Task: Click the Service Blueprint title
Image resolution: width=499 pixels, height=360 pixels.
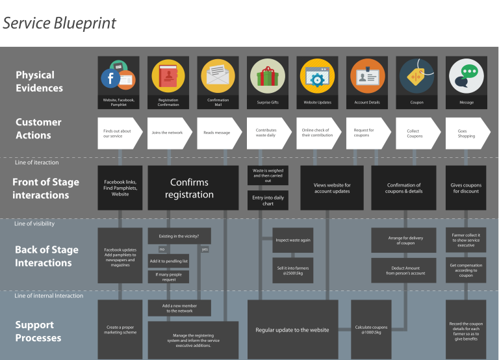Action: [x=59, y=23]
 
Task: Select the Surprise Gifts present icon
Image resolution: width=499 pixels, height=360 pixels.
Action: [x=268, y=76]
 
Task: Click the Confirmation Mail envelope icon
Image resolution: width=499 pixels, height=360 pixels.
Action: [x=218, y=76]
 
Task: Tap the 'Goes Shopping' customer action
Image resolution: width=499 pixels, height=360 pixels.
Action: [x=467, y=133]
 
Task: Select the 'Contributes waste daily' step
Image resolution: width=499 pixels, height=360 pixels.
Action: [x=266, y=133]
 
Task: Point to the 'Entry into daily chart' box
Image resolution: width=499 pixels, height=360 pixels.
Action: [x=268, y=200]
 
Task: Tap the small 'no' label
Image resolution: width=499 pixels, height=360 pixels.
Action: [x=162, y=249]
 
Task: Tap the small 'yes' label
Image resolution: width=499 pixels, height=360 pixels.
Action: [x=205, y=249]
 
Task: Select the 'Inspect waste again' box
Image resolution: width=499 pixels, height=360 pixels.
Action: [x=293, y=240]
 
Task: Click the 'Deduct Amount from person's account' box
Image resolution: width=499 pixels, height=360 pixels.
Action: [x=403, y=270]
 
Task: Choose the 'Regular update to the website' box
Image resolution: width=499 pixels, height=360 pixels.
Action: [x=292, y=330]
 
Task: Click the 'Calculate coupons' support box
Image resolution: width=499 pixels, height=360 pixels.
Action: [x=371, y=329]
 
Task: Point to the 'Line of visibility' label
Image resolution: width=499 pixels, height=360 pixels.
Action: [x=34, y=224]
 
